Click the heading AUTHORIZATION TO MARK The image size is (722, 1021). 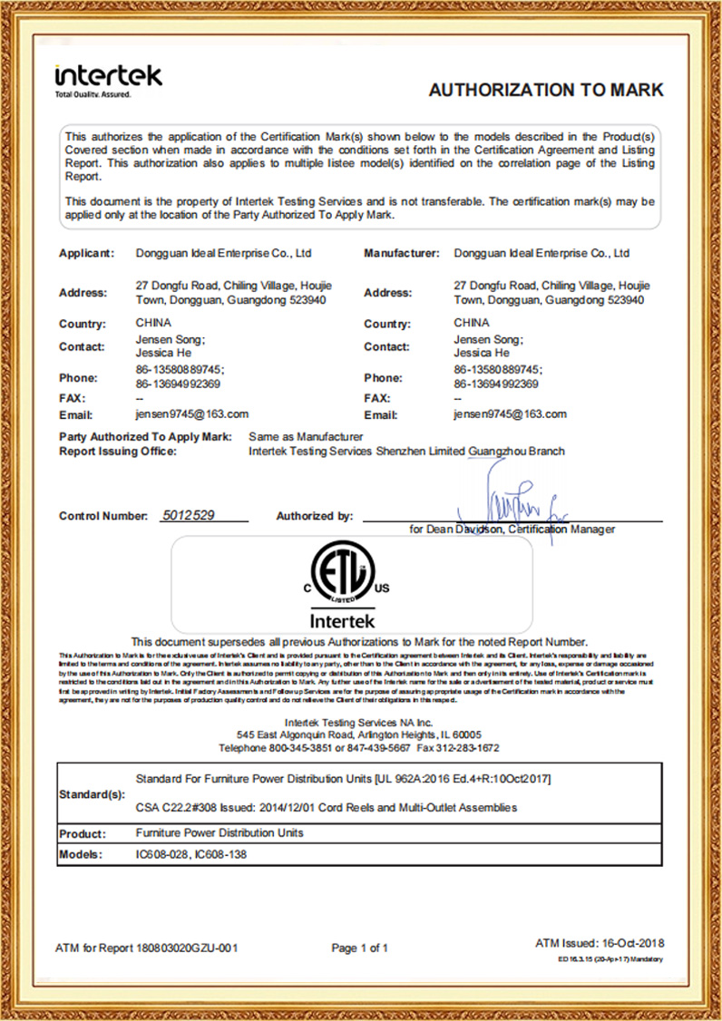click(x=545, y=91)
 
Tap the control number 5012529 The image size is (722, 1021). click(x=188, y=515)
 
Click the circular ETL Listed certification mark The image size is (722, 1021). click(x=342, y=577)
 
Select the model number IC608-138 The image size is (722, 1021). click(x=220, y=854)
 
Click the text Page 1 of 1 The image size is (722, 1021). click(x=359, y=948)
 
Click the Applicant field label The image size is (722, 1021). click(x=87, y=253)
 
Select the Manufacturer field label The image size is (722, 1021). click(x=402, y=253)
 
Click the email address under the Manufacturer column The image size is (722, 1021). click(x=510, y=413)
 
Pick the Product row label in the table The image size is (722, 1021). click(x=83, y=833)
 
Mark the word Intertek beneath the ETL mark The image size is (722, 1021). click(x=342, y=621)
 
